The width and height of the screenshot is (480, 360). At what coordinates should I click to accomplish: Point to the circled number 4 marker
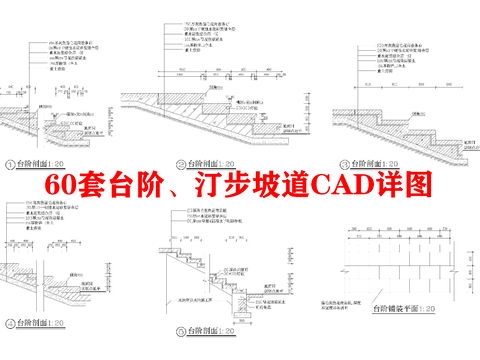pyautogui.click(x=10, y=323)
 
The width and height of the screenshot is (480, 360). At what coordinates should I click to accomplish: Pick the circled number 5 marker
pyautogui.click(x=182, y=331)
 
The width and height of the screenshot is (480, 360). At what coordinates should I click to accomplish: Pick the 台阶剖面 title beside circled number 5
pyautogui.click(x=208, y=331)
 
